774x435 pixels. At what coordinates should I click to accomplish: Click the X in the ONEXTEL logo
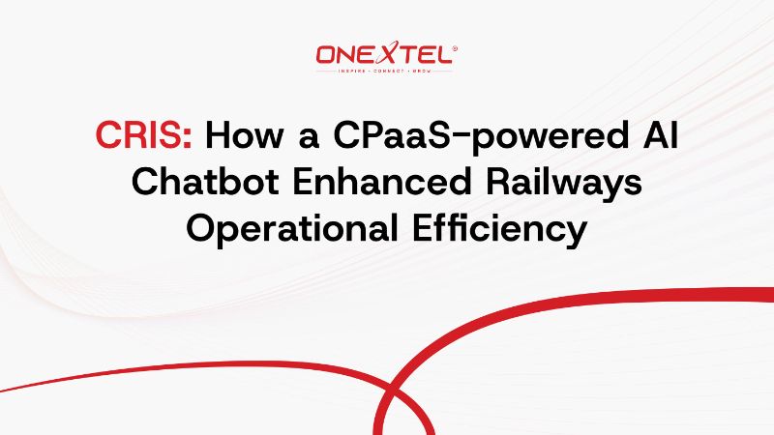[384, 55]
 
